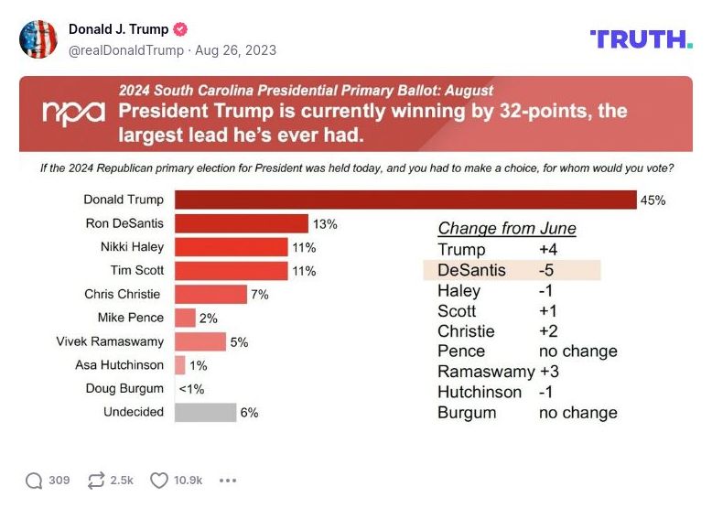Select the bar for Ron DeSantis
coord(242,224)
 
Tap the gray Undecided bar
coord(205,413)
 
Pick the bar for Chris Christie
coord(210,295)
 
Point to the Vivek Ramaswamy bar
coord(200,341)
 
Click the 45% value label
coord(653,200)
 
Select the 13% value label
coord(325,224)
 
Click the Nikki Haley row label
coord(132,247)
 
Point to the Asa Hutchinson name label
coord(119,365)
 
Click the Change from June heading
coord(507,229)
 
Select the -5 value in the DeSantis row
coord(546,270)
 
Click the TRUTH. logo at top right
coord(641,39)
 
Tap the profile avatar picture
coord(38,39)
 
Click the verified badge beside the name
coord(180,29)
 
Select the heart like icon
coord(159,481)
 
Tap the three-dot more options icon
coord(228,481)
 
